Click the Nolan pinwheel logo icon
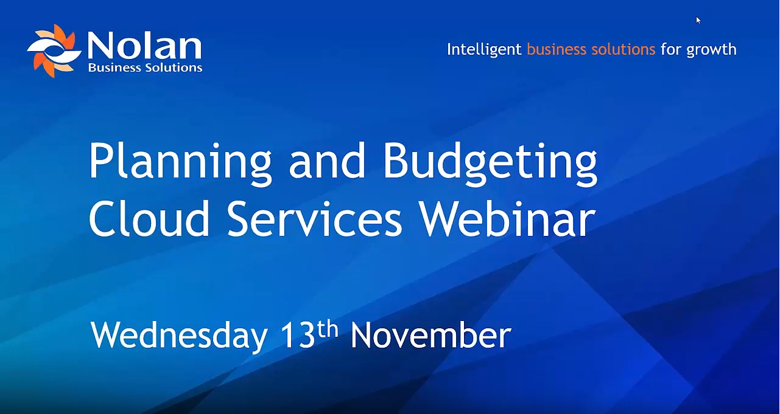(54, 50)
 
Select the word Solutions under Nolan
(173, 67)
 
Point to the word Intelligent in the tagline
(484, 49)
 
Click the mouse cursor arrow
(698, 20)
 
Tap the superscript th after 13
(328, 328)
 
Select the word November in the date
(430, 335)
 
